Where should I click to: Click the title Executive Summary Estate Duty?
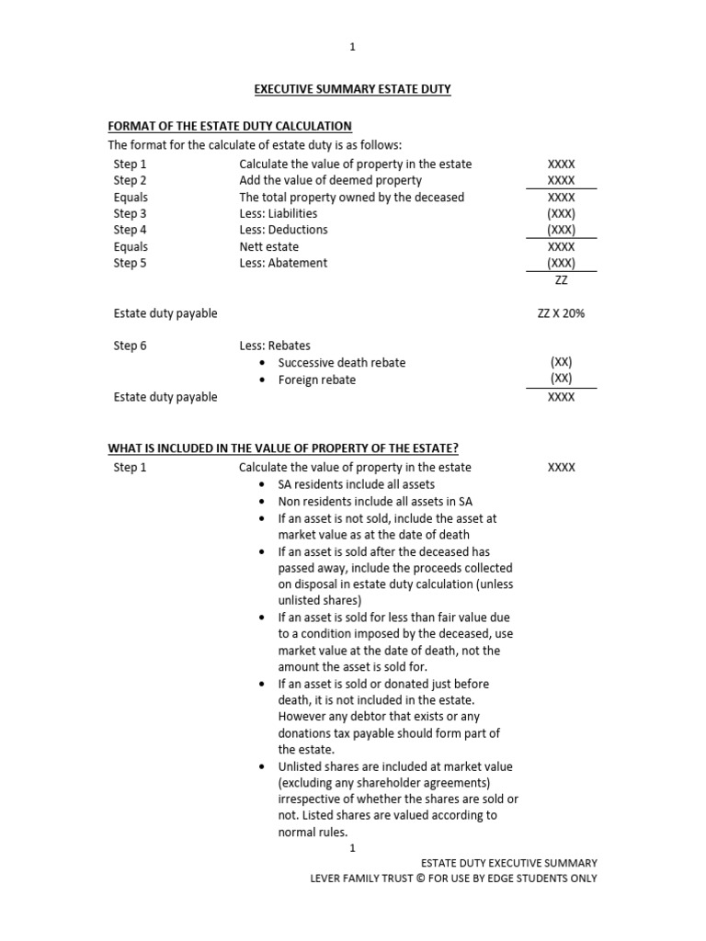tap(352, 89)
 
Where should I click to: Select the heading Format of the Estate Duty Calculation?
tap(230, 126)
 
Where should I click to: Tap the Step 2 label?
tap(130, 180)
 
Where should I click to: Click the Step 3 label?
tap(130, 213)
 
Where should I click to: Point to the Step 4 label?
tap(130, 230)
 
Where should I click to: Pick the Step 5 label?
tap(130, 263)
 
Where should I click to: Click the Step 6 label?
tap(130, 346)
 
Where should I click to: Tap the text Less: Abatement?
tap(283, 263)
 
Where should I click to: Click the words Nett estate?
tap(268, 246)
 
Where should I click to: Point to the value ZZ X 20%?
tap(561, 313)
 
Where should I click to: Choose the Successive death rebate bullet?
tap(341, 362)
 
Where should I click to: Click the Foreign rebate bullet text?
tap(316, 380)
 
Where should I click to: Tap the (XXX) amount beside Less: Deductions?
tap(561, 230)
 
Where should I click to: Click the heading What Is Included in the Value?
tap(283, 448)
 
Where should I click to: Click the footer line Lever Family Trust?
tap(453, 878)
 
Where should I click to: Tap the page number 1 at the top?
tap(353, 47)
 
